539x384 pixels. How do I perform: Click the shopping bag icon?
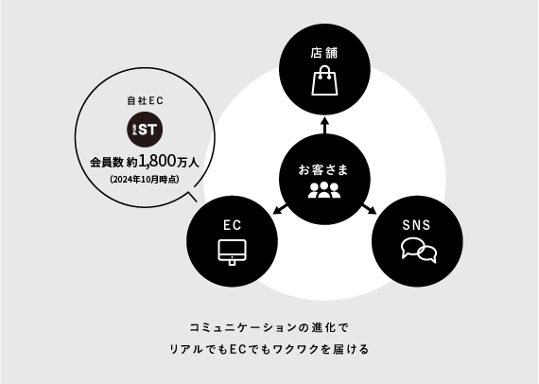click(324, 80)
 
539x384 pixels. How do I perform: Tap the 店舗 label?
click(324, 53)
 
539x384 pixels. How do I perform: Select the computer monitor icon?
click(232, 252)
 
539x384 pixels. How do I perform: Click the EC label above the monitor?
click(232, 225)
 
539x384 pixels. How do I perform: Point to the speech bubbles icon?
click(419, 250)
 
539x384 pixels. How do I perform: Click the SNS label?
click(416, 225)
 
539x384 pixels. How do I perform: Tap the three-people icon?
click(323, 190)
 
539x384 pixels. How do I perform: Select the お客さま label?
click(323, 170)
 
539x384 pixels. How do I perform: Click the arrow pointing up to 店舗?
click(325, 125)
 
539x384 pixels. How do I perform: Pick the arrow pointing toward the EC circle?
click(280, 209)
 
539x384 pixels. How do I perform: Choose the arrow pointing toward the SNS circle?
click(370, 209)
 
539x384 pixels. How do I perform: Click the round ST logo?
click(145, 130)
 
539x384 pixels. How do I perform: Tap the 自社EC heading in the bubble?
click(145, 100)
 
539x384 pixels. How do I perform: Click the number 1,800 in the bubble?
click(157, 161)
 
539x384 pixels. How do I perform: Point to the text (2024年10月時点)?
click(145, 180)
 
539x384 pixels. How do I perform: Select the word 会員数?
click(107, 163)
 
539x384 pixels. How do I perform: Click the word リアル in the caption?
click(186, 349)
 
